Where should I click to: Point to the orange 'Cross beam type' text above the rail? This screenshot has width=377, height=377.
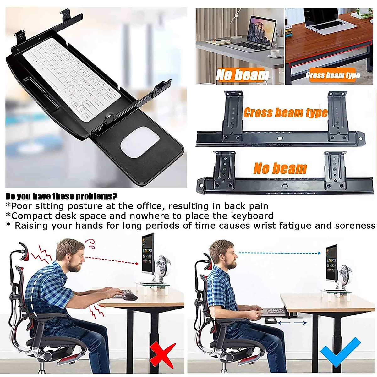click(x=285, y=112)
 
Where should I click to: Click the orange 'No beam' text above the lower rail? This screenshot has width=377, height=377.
click(x=280, y=169)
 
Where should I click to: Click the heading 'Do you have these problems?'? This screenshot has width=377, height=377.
click(x=62, y=197)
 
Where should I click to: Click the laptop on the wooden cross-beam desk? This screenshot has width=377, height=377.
click(x=322, y=20)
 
